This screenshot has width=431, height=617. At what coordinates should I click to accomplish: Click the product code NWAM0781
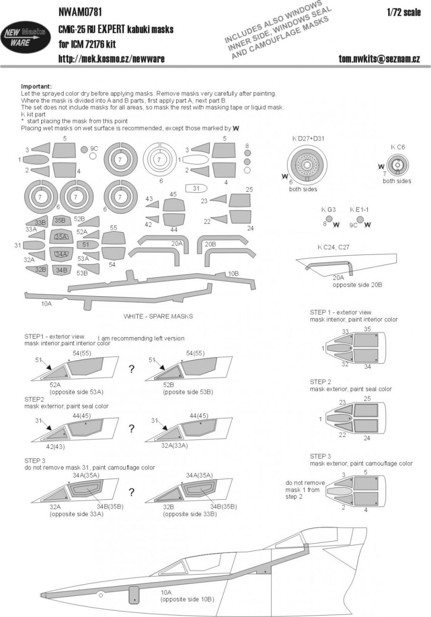(x=80, y=12)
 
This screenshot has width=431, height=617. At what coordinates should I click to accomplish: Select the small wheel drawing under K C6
(x=394, y=165)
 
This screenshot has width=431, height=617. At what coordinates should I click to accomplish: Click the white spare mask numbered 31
(x=196, y=188)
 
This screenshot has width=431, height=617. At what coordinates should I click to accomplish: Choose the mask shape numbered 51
(x=86, y=244)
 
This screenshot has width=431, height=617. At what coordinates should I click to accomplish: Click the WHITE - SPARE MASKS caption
(x=158, y=316)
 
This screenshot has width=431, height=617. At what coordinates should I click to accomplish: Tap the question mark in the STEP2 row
(x=131, y=428)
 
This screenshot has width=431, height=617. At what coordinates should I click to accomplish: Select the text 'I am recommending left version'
(x=141, y=338)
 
